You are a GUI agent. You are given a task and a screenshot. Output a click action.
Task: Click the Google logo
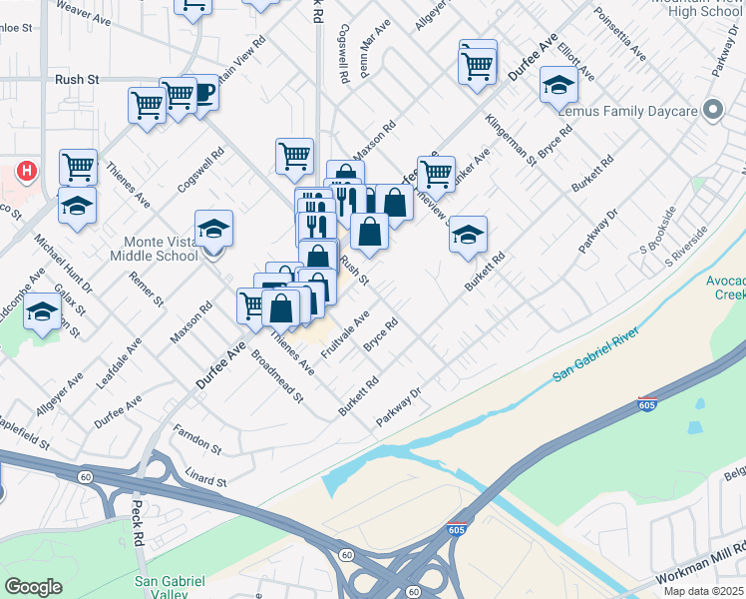tap(33, 587)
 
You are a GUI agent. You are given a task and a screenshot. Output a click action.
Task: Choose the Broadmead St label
tap(277, 376)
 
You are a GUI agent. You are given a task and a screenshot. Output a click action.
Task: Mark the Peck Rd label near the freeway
tap(138, 523)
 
